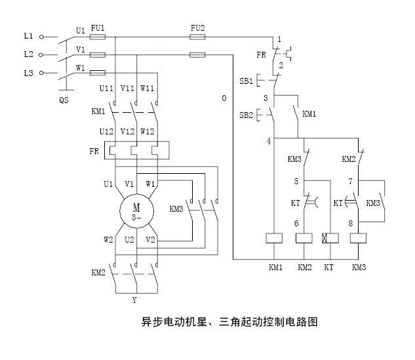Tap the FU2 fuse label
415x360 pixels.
[x=197, y=28]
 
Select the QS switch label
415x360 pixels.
[x=64, y=100]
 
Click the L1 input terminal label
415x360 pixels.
[x=28, y=37]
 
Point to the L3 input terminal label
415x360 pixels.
[x=28, y=73]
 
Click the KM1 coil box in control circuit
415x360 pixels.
[x=274, y=238]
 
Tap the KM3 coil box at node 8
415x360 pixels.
[x=359, y=238]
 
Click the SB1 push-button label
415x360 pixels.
[x=245, y=81]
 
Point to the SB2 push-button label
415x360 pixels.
[x=245, y=115]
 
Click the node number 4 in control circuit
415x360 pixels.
[x=269, y=141]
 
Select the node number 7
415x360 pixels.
[x=351, y=181]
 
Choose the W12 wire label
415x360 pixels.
[x=148, y=131]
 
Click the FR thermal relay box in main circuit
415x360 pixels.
[x=136, y=150]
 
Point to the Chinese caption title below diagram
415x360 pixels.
[x=207, y=323]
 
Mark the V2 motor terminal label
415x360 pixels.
[x=150, y=240]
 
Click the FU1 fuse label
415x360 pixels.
[x=97, y=28]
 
